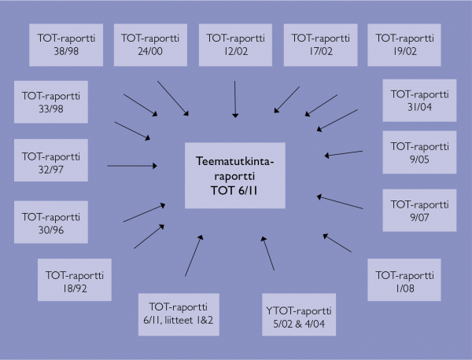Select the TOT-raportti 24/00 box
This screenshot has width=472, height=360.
click(x=151, y=44)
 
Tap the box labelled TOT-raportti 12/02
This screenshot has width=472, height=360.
click(x=236, y=44)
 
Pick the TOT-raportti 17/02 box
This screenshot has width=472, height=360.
click(x=321, y=44)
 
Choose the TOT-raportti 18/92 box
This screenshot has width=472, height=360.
click(x=76, y=282)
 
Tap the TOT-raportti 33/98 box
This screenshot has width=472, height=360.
click(x=50, y=100)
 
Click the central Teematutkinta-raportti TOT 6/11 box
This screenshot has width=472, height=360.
click(x=236, y=174)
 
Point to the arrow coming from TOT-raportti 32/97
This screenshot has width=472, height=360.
click(x=132, y=165)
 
